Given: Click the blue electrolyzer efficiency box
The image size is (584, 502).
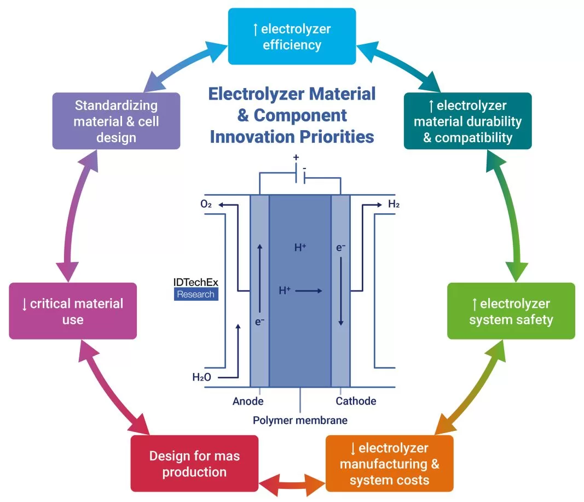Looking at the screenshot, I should pyautogui.click(x=292, y=36).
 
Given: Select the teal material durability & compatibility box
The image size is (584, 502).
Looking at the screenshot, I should pyautogui.click(x=467, y=121).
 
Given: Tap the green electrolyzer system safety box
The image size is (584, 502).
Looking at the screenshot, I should pyautogui.click(x=511, y=311).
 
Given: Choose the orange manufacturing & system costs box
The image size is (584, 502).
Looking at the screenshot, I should pyautogui.click(x=389, y=464).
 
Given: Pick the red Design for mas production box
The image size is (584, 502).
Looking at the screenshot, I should pyautogui.click(x=194, y=464).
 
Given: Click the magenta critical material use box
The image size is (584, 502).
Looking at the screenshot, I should pyautogui.click(x=73, y=311).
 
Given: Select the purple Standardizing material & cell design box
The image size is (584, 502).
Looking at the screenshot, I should pyautogui.click(x=116, y=121).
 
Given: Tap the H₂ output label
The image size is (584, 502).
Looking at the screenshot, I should pyautogui.click(x=394, y=205).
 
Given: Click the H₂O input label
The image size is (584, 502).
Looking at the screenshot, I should pyautogui.click(x=201, y=377).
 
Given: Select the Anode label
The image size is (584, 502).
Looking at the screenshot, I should pyautogui.click(x=248, y=401).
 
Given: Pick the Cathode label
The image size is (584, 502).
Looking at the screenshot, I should pyautogui.click(x=356, y=401).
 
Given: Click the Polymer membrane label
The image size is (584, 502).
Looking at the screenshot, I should pyautogui.click(x=300, y=420).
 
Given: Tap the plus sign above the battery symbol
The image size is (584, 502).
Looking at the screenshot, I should pyautogui.click(x=296, y=157).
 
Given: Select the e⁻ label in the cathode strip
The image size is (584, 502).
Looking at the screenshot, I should pyautogui.click(x=340, y=248).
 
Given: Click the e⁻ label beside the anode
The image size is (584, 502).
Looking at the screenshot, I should pyautogui.click(x=260, y=322).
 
